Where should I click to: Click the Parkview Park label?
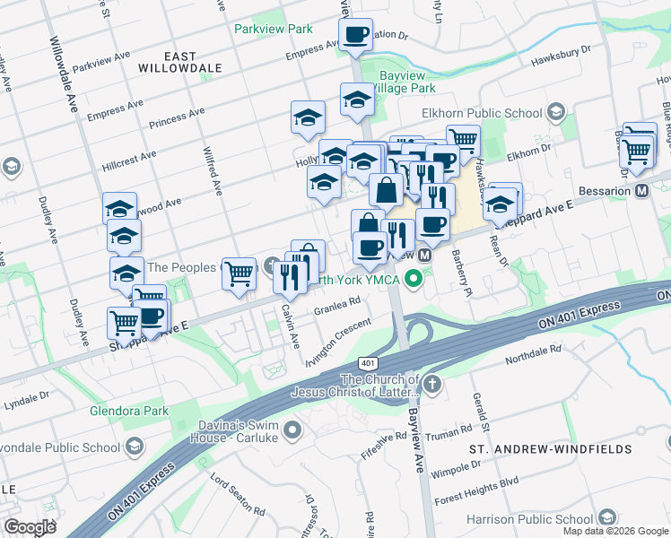tap(273, 29)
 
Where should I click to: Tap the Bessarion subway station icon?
tap(641, 190)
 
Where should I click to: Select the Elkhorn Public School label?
tap(482, 114)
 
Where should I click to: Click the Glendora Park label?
tap(129, 412)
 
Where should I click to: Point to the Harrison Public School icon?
tap(607, 518)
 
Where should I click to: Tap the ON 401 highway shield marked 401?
tap(367, 363)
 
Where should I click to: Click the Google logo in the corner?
tap(30, 527)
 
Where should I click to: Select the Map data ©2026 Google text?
tap(615, 531)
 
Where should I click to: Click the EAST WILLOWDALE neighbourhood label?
tap(180, 62)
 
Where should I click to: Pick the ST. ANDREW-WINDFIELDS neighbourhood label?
tap(562, 448)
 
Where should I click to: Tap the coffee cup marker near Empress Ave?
tap(355, 35)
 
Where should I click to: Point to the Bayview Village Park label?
tap(406, 82)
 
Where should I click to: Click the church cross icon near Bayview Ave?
tap(432, 386)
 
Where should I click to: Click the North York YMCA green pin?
tap(414, 279)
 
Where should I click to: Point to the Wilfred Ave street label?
tap(215, 170)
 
